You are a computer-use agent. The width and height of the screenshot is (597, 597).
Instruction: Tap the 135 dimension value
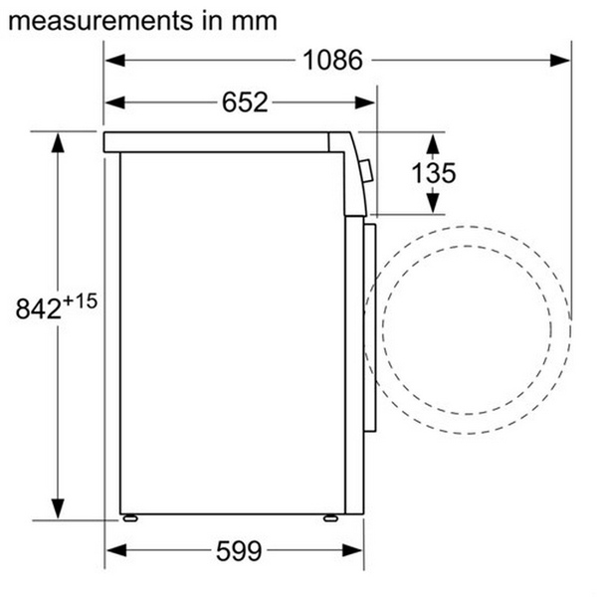[x=434, y=171]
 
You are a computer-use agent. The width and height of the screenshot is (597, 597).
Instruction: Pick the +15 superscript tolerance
[x=82, y=300]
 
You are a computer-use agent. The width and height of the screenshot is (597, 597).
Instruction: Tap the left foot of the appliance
[x=129, y=517]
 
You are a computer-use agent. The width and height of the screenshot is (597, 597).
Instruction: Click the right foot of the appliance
[x=328, y=517]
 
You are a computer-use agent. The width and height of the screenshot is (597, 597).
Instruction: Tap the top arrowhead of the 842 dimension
[x=58, y=142]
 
